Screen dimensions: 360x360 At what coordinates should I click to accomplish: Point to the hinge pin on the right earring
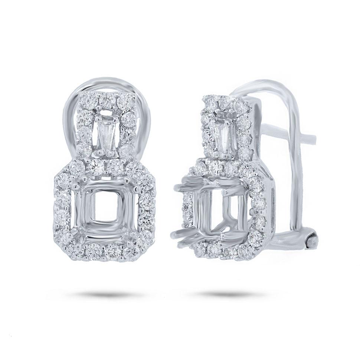(312, 242)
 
